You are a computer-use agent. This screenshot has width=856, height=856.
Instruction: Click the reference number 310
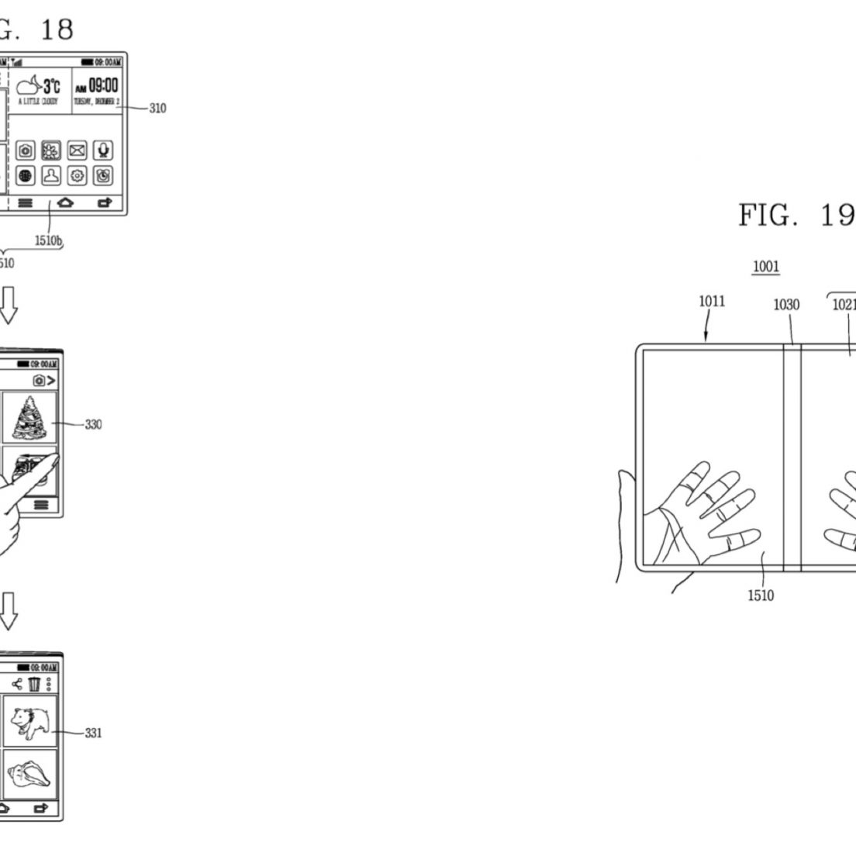click(157, 109)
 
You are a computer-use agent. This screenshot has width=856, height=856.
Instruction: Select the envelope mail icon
click(78, 150)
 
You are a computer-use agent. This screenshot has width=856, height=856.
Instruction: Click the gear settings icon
click(78, 176)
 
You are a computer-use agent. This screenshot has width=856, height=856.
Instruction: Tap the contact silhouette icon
click(52, 176)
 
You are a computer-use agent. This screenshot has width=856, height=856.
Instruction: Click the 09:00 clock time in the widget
click(102, 85)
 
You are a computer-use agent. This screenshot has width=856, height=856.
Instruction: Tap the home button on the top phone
click(67, 203)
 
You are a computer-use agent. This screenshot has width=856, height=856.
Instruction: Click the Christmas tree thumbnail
click(29, 417)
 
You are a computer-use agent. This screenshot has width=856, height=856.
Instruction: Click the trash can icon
click(34, 684)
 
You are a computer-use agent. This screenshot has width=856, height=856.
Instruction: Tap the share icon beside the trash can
click(17, 684)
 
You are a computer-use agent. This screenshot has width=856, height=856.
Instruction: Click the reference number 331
click(92, 733)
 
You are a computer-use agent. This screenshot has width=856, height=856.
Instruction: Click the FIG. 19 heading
click(796, 215)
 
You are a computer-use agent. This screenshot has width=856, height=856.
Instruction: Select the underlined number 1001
click(766, 267)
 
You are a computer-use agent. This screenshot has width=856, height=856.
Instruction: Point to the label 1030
click(786, 305)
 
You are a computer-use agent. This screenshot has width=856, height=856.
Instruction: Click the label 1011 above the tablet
click(712, 301)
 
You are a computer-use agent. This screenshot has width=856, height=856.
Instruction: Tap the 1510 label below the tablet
click(760, 595)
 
